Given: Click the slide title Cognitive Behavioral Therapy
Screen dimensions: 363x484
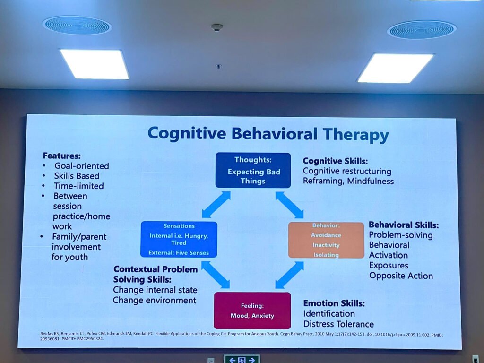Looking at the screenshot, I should click(268, 134).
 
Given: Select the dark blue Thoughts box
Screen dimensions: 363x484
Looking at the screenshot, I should click(253, 170).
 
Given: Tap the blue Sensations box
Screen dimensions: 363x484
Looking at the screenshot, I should click(179, 239).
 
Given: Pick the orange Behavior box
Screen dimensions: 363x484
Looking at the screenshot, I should click(326, 240).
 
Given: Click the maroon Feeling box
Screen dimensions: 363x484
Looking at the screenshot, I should click(252, 311).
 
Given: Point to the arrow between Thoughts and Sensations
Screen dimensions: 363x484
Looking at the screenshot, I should click(216, 205).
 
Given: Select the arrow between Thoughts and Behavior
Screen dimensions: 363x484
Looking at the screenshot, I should click(289, 205).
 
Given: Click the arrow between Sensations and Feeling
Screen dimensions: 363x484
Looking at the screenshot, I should click(216, 275).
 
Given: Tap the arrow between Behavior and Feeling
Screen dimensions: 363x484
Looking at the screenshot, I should click(289, 275).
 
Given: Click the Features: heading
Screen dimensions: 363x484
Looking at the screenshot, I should click(62, 156).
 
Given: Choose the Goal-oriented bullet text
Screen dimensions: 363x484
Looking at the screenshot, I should click(81, 166).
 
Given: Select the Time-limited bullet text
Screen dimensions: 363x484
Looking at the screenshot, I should click(78, 186).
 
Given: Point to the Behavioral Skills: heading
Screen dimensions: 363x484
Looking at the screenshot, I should click(404, 225).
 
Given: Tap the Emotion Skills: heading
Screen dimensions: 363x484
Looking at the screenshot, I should click(334, 303).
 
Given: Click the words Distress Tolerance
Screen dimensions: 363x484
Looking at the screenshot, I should click(338, 324).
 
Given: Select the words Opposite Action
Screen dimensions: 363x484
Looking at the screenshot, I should click(401, 276).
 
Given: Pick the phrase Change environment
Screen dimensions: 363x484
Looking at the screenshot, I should click(154, 300).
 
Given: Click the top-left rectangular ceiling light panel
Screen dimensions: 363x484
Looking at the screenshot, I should click(95, 64).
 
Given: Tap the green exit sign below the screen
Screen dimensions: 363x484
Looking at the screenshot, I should click(242, 359).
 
